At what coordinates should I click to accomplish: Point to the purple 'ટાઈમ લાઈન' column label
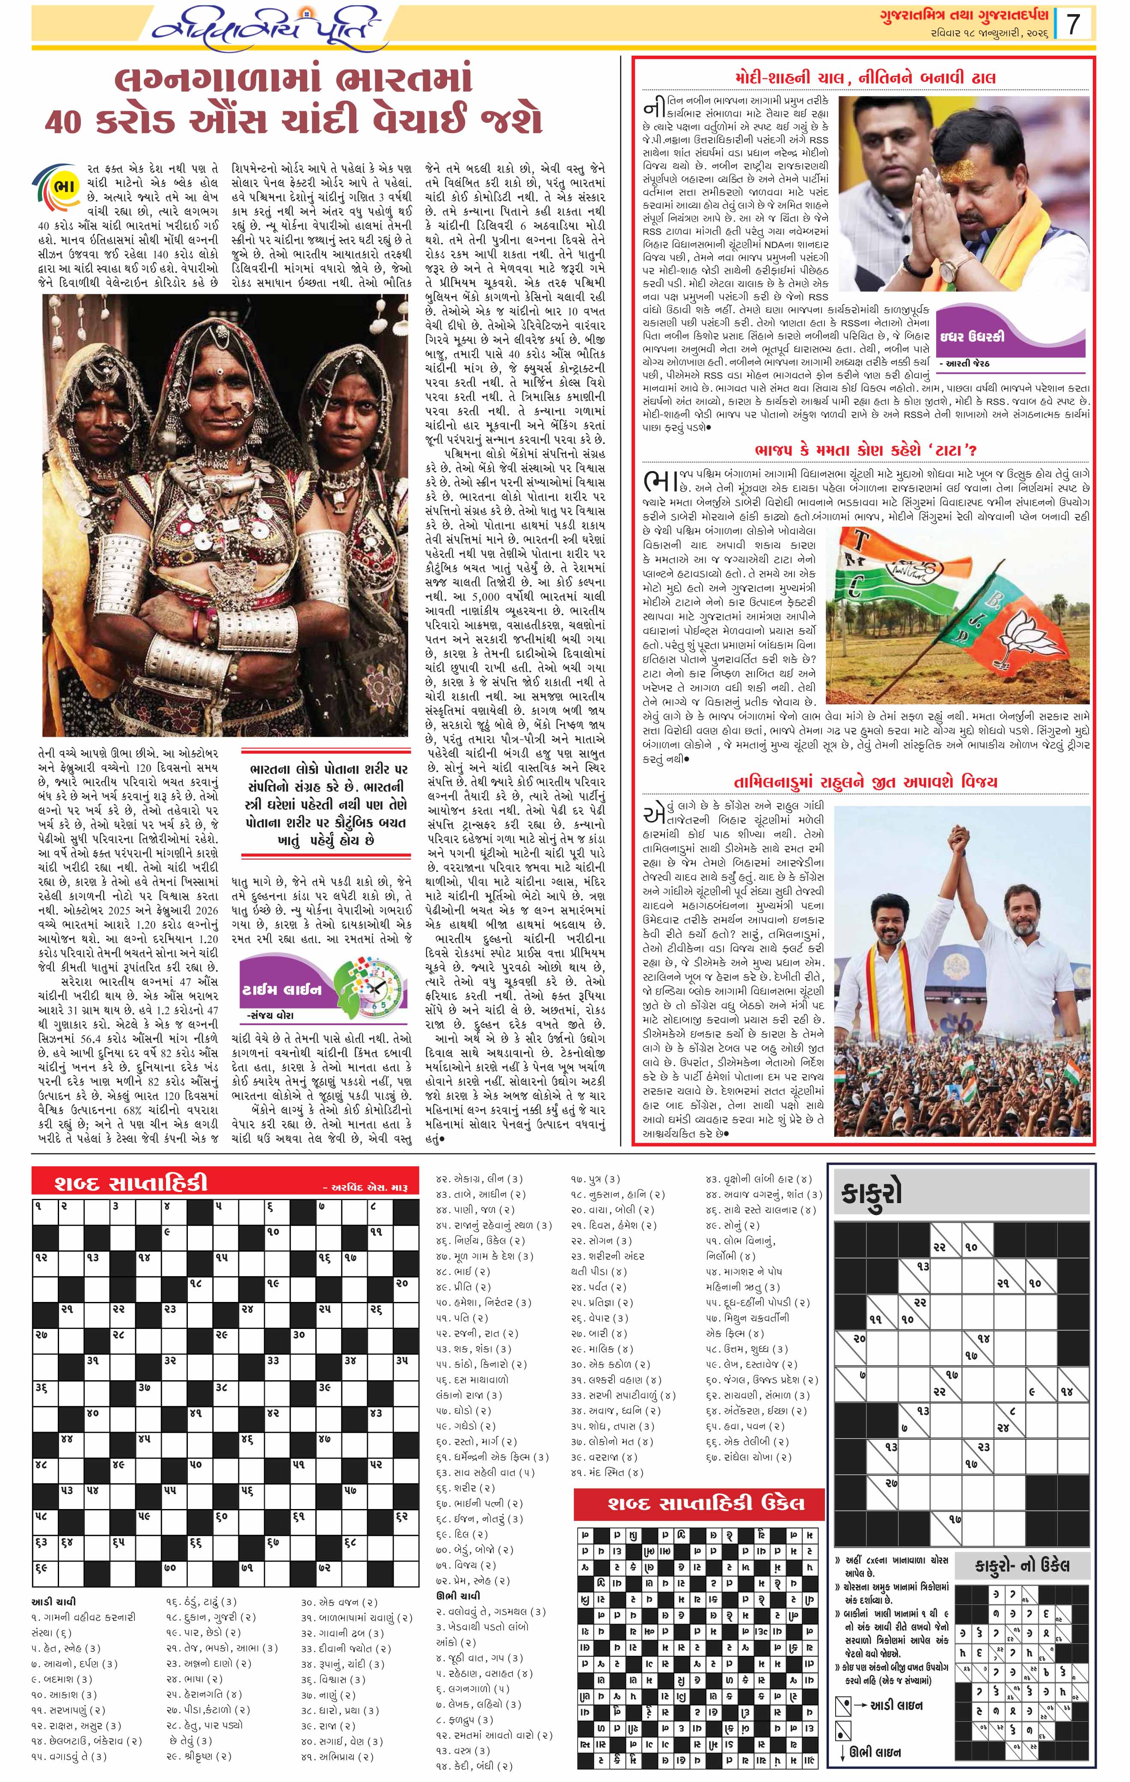(281, 990)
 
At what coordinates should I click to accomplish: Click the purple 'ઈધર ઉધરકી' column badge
(981, 335)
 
